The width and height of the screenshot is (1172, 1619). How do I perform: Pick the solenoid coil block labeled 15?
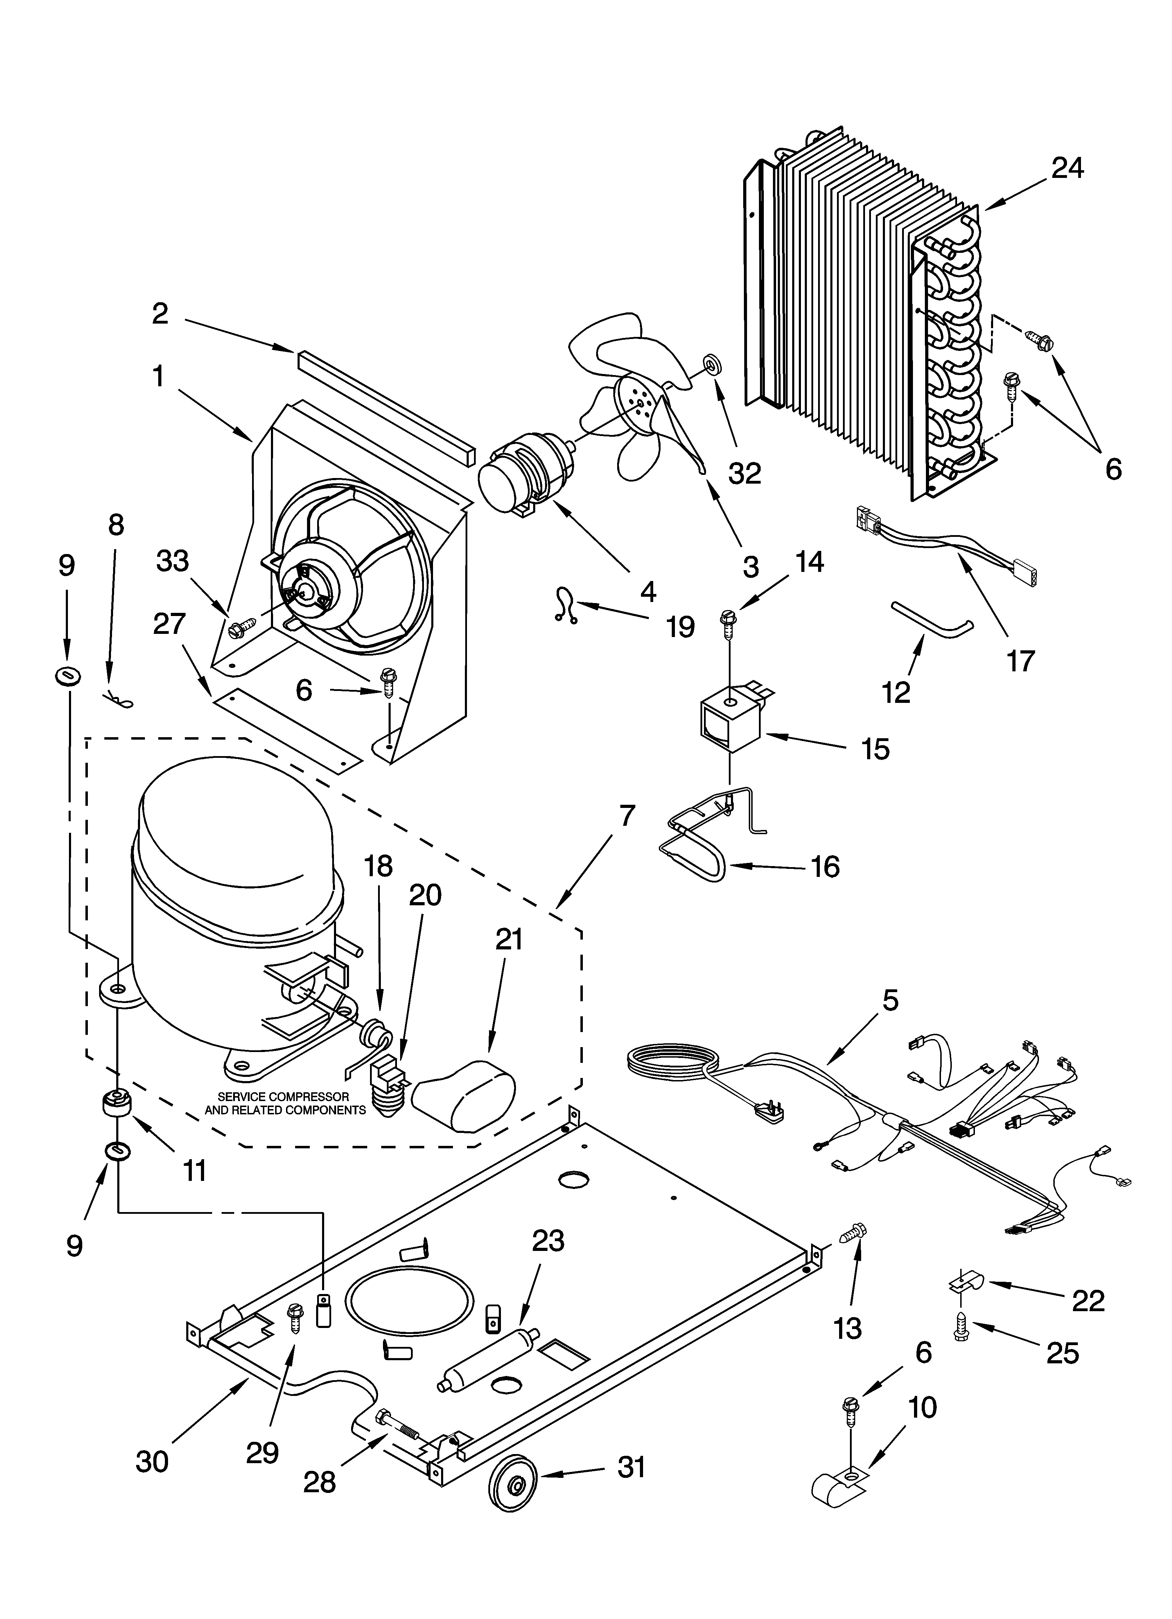point(728,722)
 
